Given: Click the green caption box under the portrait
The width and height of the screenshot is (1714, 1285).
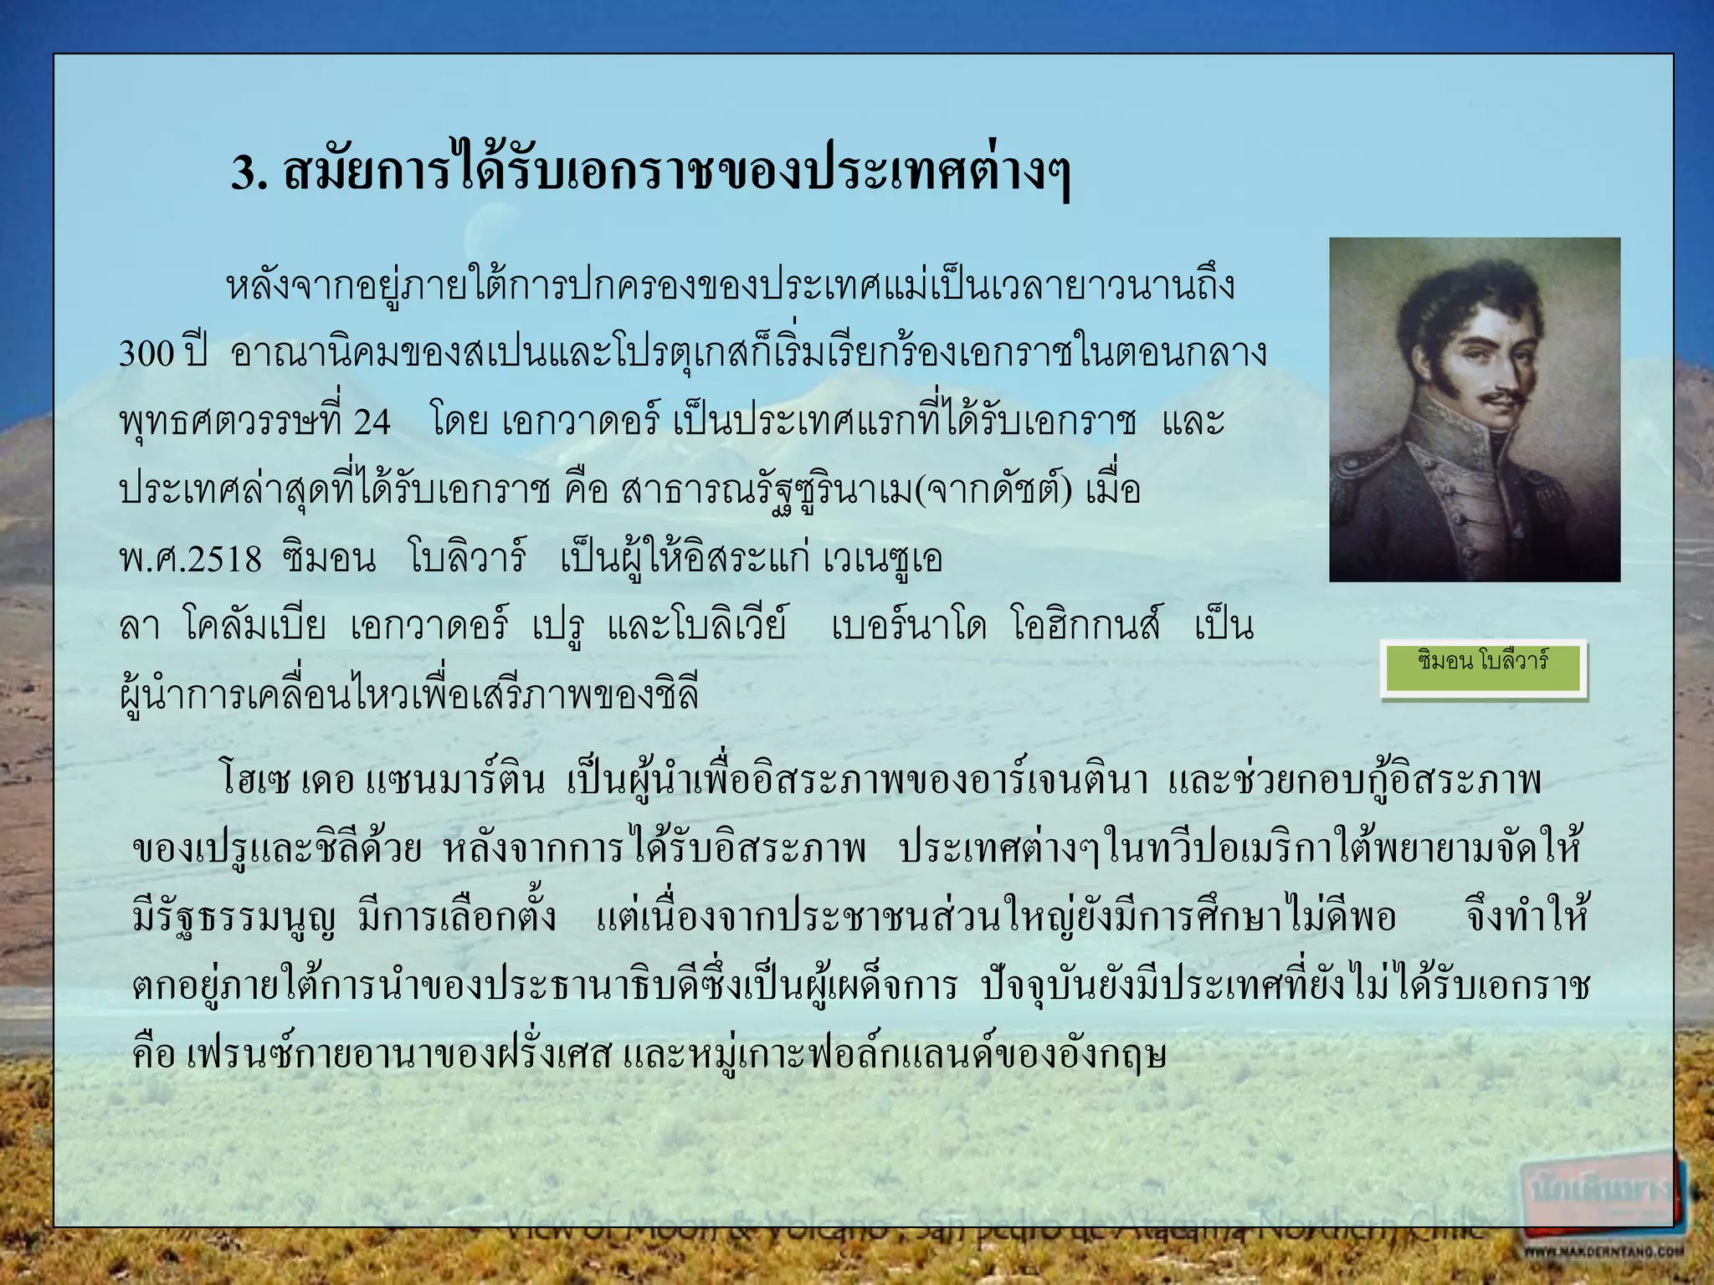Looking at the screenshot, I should [x=1483, y=668].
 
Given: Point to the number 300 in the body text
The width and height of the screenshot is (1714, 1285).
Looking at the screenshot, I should [x=146, y=354].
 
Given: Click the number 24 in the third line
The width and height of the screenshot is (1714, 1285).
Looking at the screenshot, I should [x=372, y=422].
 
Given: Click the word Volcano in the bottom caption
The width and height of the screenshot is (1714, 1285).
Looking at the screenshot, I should [x=820, y=1229].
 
